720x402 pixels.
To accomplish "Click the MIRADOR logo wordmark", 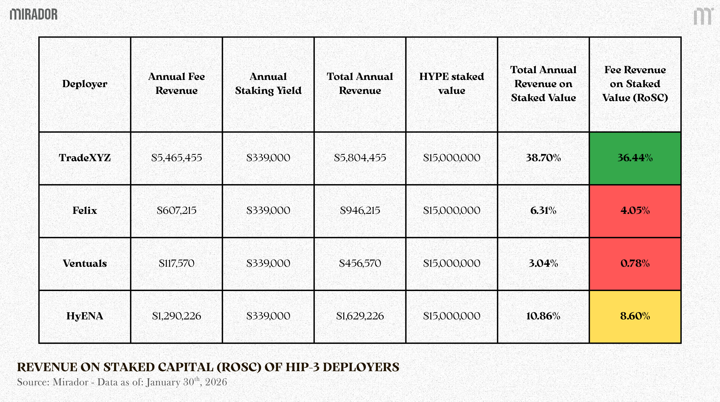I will pos(34,14).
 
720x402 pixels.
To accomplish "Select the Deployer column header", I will pos(85,84).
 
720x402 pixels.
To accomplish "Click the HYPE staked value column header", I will pos(451,83).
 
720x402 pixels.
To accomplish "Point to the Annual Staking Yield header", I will pos(268,83).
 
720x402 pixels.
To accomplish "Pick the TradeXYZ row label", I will pos(85,158).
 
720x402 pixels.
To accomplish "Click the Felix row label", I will pos(85,210).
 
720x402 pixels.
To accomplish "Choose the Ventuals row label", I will pos(85,263).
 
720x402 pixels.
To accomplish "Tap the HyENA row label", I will pos(85,316).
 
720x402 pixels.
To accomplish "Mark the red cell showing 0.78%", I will pos(635,263).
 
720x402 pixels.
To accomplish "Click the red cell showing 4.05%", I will pos(635,210).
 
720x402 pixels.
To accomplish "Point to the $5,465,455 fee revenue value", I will pos(176,158).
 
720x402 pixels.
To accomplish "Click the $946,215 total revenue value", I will pos(360,210).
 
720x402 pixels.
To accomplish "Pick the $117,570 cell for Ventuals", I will pos(176,263).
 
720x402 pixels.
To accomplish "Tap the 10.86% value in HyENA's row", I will pos(543,316).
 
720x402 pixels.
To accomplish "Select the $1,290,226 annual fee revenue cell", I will pos(176,316).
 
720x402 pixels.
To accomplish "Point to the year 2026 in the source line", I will pos(216,382).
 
